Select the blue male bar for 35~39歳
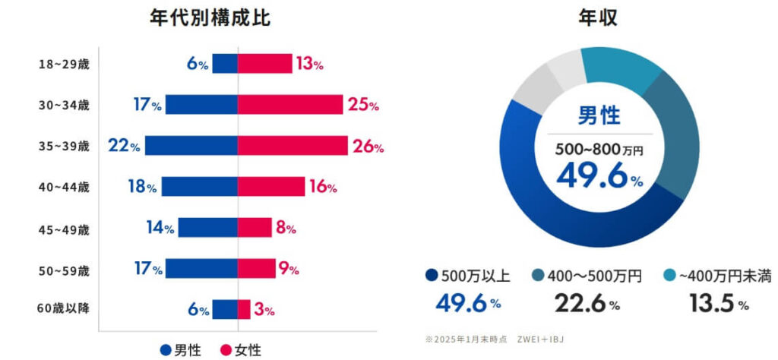[x=191, y=146]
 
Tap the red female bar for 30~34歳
[x=290, y=105]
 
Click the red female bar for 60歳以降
[x=244, y=309]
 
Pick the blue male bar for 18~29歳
[x=225, y=64]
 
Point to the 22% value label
[x=124, y=146]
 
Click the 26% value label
[x=368, y=147]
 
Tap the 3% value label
[x=264, y=310]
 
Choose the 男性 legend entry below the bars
[x=180, y=350]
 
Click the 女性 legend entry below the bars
[x=240, y=350]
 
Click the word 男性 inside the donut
[x=599, y=116]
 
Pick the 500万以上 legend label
[x=475, y=276]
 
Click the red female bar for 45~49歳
[x=255, y=227]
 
